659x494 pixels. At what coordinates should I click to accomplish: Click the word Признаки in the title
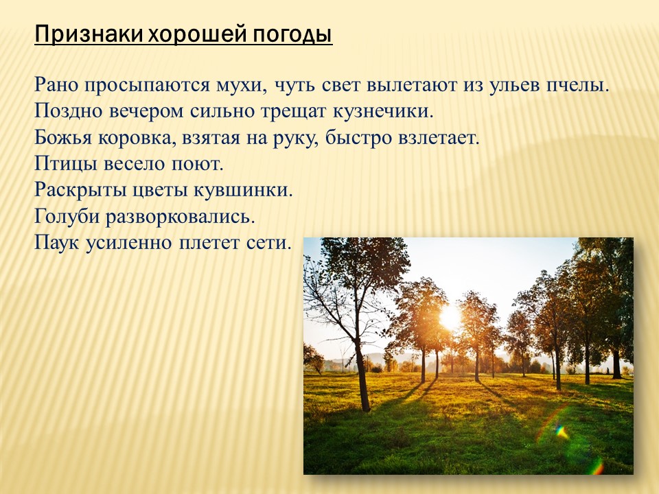click(x=89, y=35)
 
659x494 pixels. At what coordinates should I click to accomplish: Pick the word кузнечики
click(x=382, y=112)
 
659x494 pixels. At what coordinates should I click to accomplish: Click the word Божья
click(x=63, y=138)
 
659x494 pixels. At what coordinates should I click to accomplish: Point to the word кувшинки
click(x=243, y=190)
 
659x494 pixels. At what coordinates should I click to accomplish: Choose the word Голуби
click(x=67, y=217)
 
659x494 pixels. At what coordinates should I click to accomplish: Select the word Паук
click(x=57, y=243)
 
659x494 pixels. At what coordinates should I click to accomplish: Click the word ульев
click(x=513, y=86)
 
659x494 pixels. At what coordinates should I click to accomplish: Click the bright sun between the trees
click(x=450, y=317)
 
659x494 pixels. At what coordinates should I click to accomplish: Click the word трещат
click(x=293, y=112)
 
